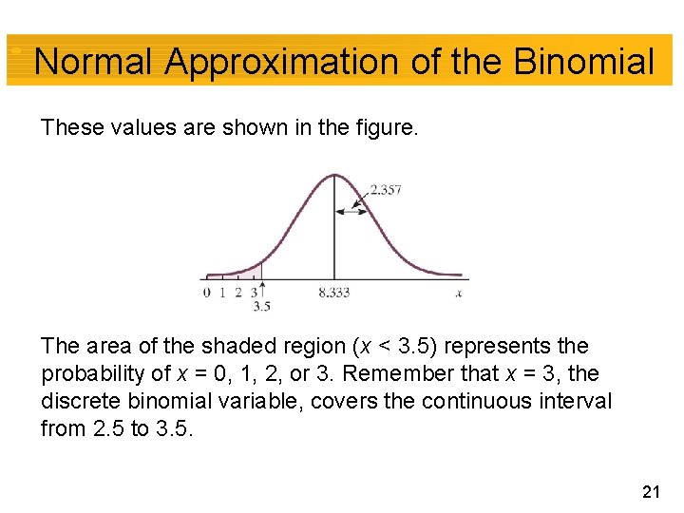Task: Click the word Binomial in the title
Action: coord(583,63)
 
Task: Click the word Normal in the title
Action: coord(93,63)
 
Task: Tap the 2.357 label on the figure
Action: coord(385,189)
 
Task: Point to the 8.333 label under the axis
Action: coord(333,293)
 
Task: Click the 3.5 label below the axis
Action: coord(261,306)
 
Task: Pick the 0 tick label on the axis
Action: coord(207,293)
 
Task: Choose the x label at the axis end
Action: coord(459,293)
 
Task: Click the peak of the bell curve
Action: coord(333,175)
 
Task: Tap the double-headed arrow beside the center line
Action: coord(351,212)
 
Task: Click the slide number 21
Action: coord(651,491)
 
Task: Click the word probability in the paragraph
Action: coord(93,374)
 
